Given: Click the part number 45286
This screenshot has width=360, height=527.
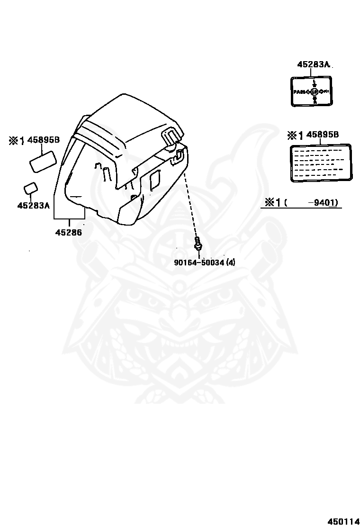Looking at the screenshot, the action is pyautogui.click(x=68, y=232).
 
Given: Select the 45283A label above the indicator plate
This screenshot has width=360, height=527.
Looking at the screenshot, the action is pyautogui.click(x=313, y=64).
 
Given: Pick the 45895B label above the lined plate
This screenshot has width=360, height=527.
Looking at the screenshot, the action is pyautogui.click(x=323, y=135).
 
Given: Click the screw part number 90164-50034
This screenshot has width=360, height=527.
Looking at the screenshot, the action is pyautogui.click(x=198, y=262).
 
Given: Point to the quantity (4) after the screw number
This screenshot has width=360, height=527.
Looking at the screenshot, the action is pyautogui.click(x=230, y=262).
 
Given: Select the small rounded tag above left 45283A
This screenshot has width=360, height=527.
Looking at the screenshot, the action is pyautogui.click(x=31, y=188).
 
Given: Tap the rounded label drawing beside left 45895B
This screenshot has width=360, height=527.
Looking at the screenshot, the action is pyautogui.click(x=44, y=162).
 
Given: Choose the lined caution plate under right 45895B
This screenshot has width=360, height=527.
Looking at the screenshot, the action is pyautogui.click(x=320, y=163).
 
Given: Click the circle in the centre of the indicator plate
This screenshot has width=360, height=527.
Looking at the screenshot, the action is pyautogui.click(x=313, y=91).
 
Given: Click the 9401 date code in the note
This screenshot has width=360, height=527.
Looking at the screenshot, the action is pyautogui.click(x=325, y=203).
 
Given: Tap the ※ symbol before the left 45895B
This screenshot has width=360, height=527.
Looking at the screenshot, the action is pyautogui.click(x=13, y=140).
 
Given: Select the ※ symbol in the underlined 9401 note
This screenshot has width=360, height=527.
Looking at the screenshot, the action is pyautogui.click(x=270, y=203).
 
